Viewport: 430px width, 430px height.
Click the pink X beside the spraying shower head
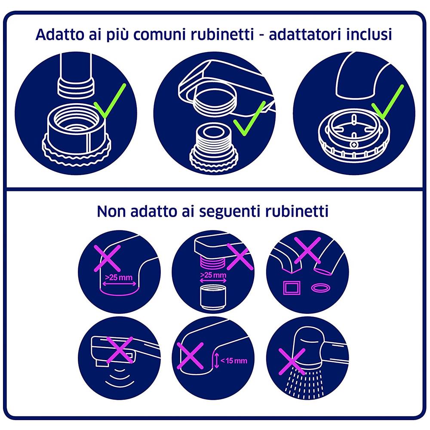point(292,360)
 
